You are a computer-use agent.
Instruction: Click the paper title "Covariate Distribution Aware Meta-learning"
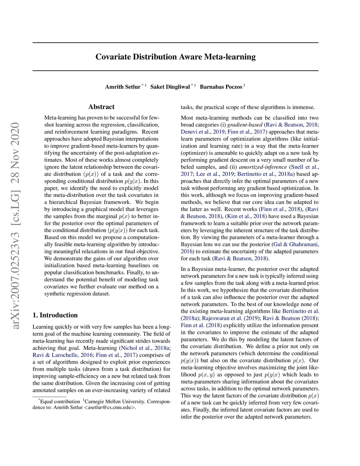175,57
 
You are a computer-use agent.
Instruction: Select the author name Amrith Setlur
122,87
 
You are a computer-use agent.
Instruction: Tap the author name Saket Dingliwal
170,87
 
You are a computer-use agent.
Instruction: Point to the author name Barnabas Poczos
221,87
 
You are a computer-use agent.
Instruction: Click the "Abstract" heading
101,107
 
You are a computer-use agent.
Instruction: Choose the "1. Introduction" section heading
55,315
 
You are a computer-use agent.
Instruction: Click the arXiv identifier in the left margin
15,225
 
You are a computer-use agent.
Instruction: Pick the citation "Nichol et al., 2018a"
145,348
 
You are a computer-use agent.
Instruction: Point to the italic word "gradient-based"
245,125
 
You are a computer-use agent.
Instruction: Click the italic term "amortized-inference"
263,167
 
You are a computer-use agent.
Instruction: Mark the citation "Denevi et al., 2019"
202,132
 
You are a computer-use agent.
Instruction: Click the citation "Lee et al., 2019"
215,174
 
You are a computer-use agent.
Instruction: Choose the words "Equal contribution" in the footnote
60,401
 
